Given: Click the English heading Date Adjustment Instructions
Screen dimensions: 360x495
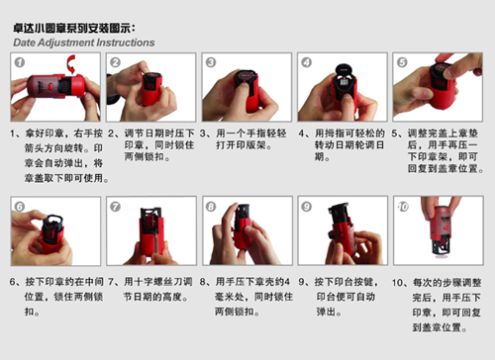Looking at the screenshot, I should pyautogui.click(x=84, y=44).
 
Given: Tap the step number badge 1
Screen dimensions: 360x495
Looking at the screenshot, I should pyautogui.click(x=19, y=62).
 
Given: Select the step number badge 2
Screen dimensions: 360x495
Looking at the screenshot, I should pyautogui.click(x=115, y=62).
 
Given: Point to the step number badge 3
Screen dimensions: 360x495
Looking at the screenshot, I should pyautogui.click(x=211, y=62).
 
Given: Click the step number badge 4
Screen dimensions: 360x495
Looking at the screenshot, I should pyautogui.click(x=307, y=62).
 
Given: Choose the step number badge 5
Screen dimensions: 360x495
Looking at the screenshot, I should pyautogui.click(x=402, y=62).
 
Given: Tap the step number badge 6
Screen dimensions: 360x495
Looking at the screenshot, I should pyautogui.click(x=19, y=207).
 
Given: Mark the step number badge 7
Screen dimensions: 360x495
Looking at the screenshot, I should pyautogui.click(x=115, y=207).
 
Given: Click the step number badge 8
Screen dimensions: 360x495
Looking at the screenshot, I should pyautogui.click(x=211, y=207).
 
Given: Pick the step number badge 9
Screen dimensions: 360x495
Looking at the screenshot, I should pyautogui.click(x=307, y=207).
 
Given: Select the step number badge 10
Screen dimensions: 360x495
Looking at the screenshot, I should pyautogui.click(x=403, y=207).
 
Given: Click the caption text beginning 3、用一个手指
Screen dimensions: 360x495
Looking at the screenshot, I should pyautogui.click(x=244, y=143).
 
